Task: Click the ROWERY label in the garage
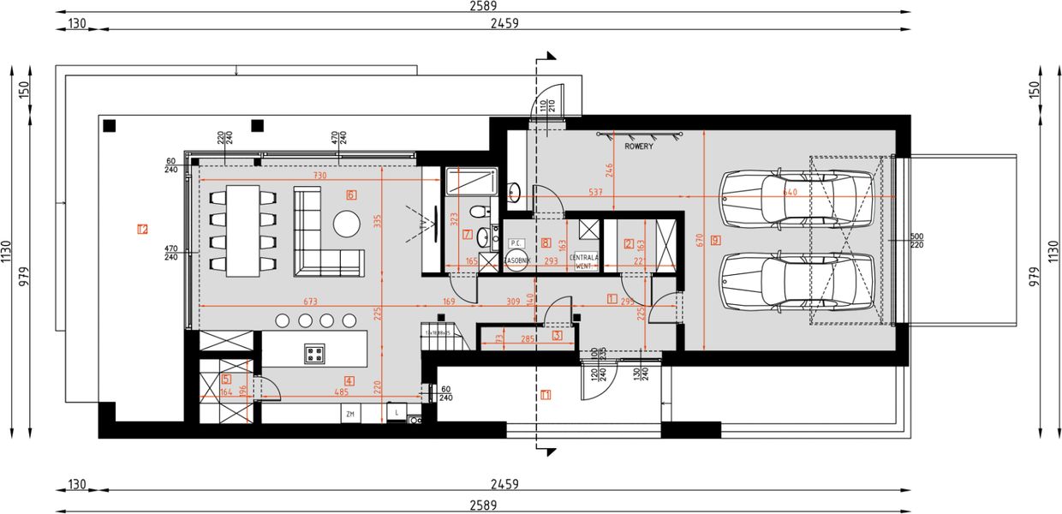pos(639,146)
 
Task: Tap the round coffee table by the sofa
pos(348,223)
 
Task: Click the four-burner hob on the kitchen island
pos(314,352)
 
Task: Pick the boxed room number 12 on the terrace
pos(142,229)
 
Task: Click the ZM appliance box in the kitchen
pos(349,415)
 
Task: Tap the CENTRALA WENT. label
pos(584,261)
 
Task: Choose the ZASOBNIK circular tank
pos(516,261)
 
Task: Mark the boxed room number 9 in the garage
pos(715,241)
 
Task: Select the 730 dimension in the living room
pos(319,176)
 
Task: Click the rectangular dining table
pos(243,231)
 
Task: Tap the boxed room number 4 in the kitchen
pos(349,380)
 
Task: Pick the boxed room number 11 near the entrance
pos(546,395)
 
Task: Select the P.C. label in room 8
pos(516,243)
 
